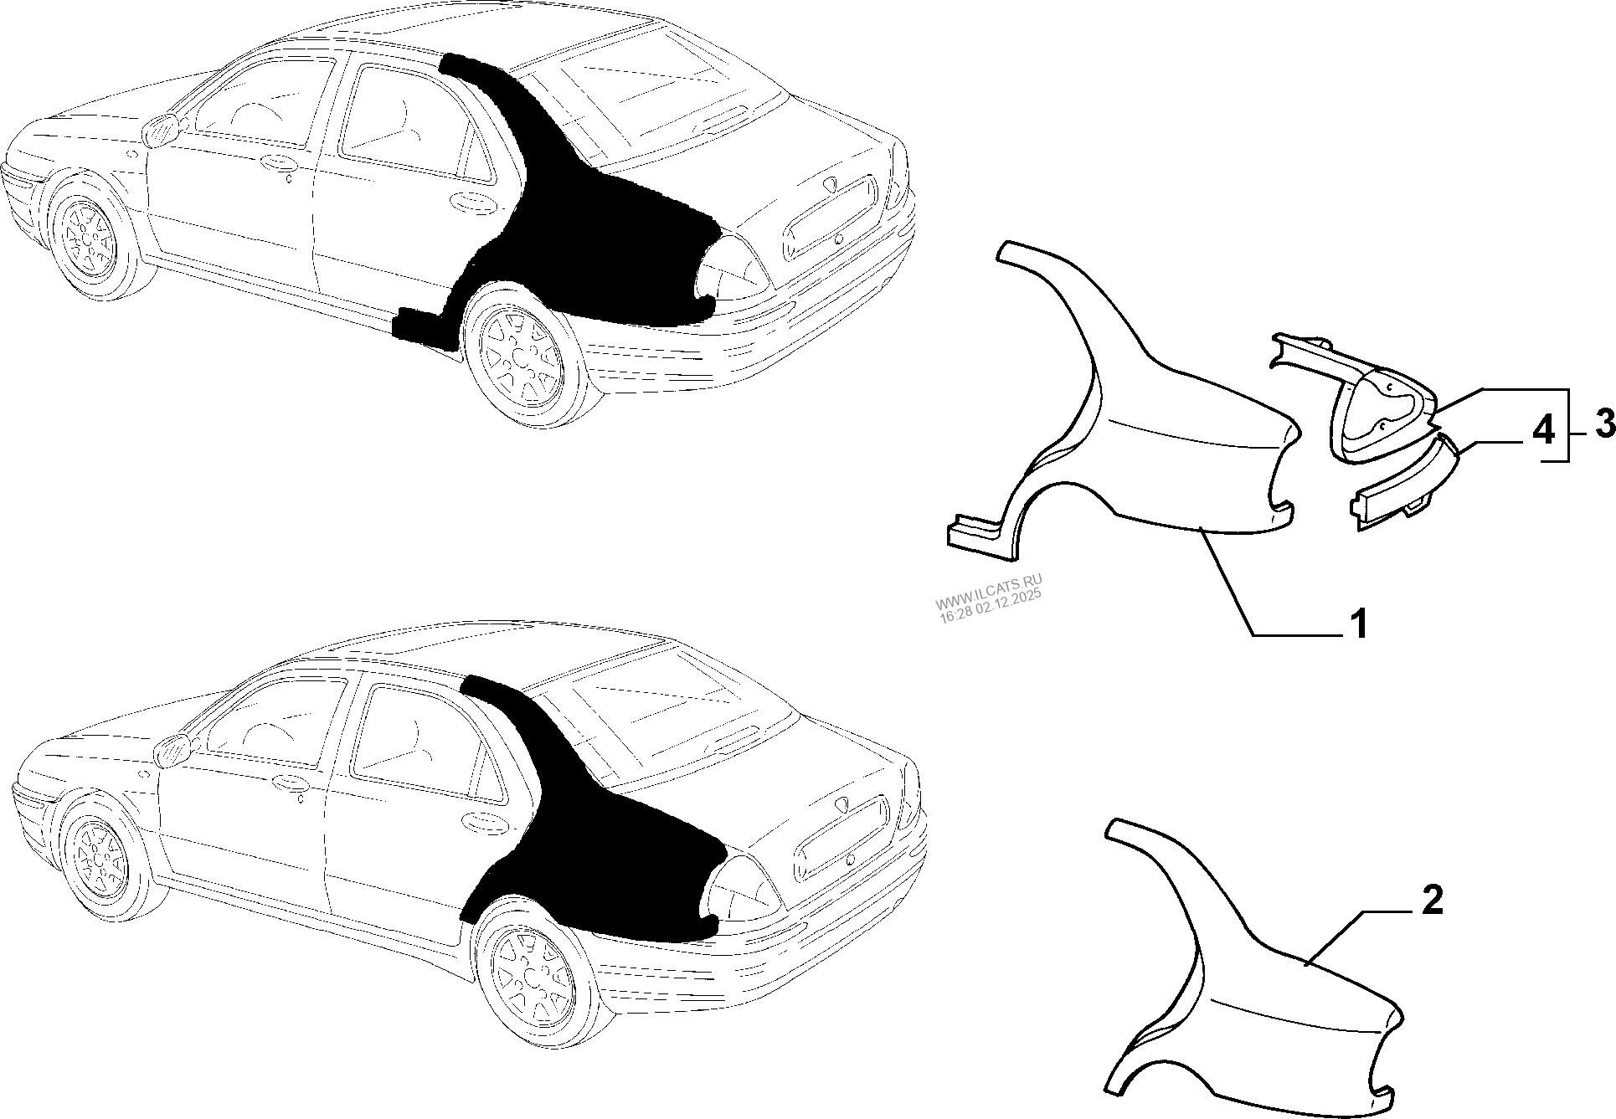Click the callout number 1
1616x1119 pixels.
click(x=1357, y=624)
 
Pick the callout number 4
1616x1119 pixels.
click(x=1543, y=431)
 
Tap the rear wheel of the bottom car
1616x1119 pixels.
click(x=534, y=971)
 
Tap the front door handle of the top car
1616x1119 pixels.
click(x=276, y=163)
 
